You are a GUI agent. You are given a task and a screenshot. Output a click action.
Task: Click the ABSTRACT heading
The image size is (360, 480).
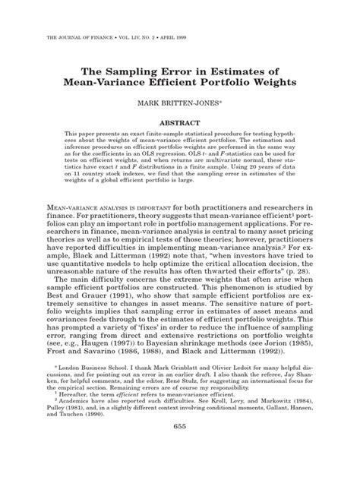(179, 121)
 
